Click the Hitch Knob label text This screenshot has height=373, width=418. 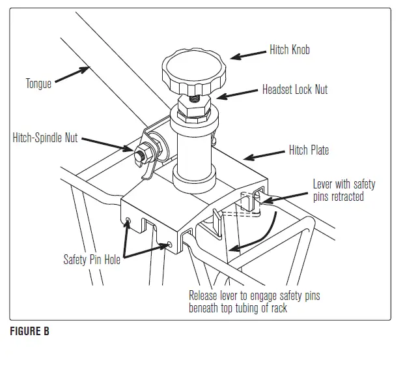[x=290, y=50]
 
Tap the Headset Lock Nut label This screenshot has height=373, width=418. [x=295, y=89]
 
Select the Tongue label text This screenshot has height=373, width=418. [x=38, y=83]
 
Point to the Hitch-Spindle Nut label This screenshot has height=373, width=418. [x=46, y=138]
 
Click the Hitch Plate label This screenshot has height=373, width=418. [x=309, y=151]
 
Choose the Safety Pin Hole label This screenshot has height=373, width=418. [x=92, y=259]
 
